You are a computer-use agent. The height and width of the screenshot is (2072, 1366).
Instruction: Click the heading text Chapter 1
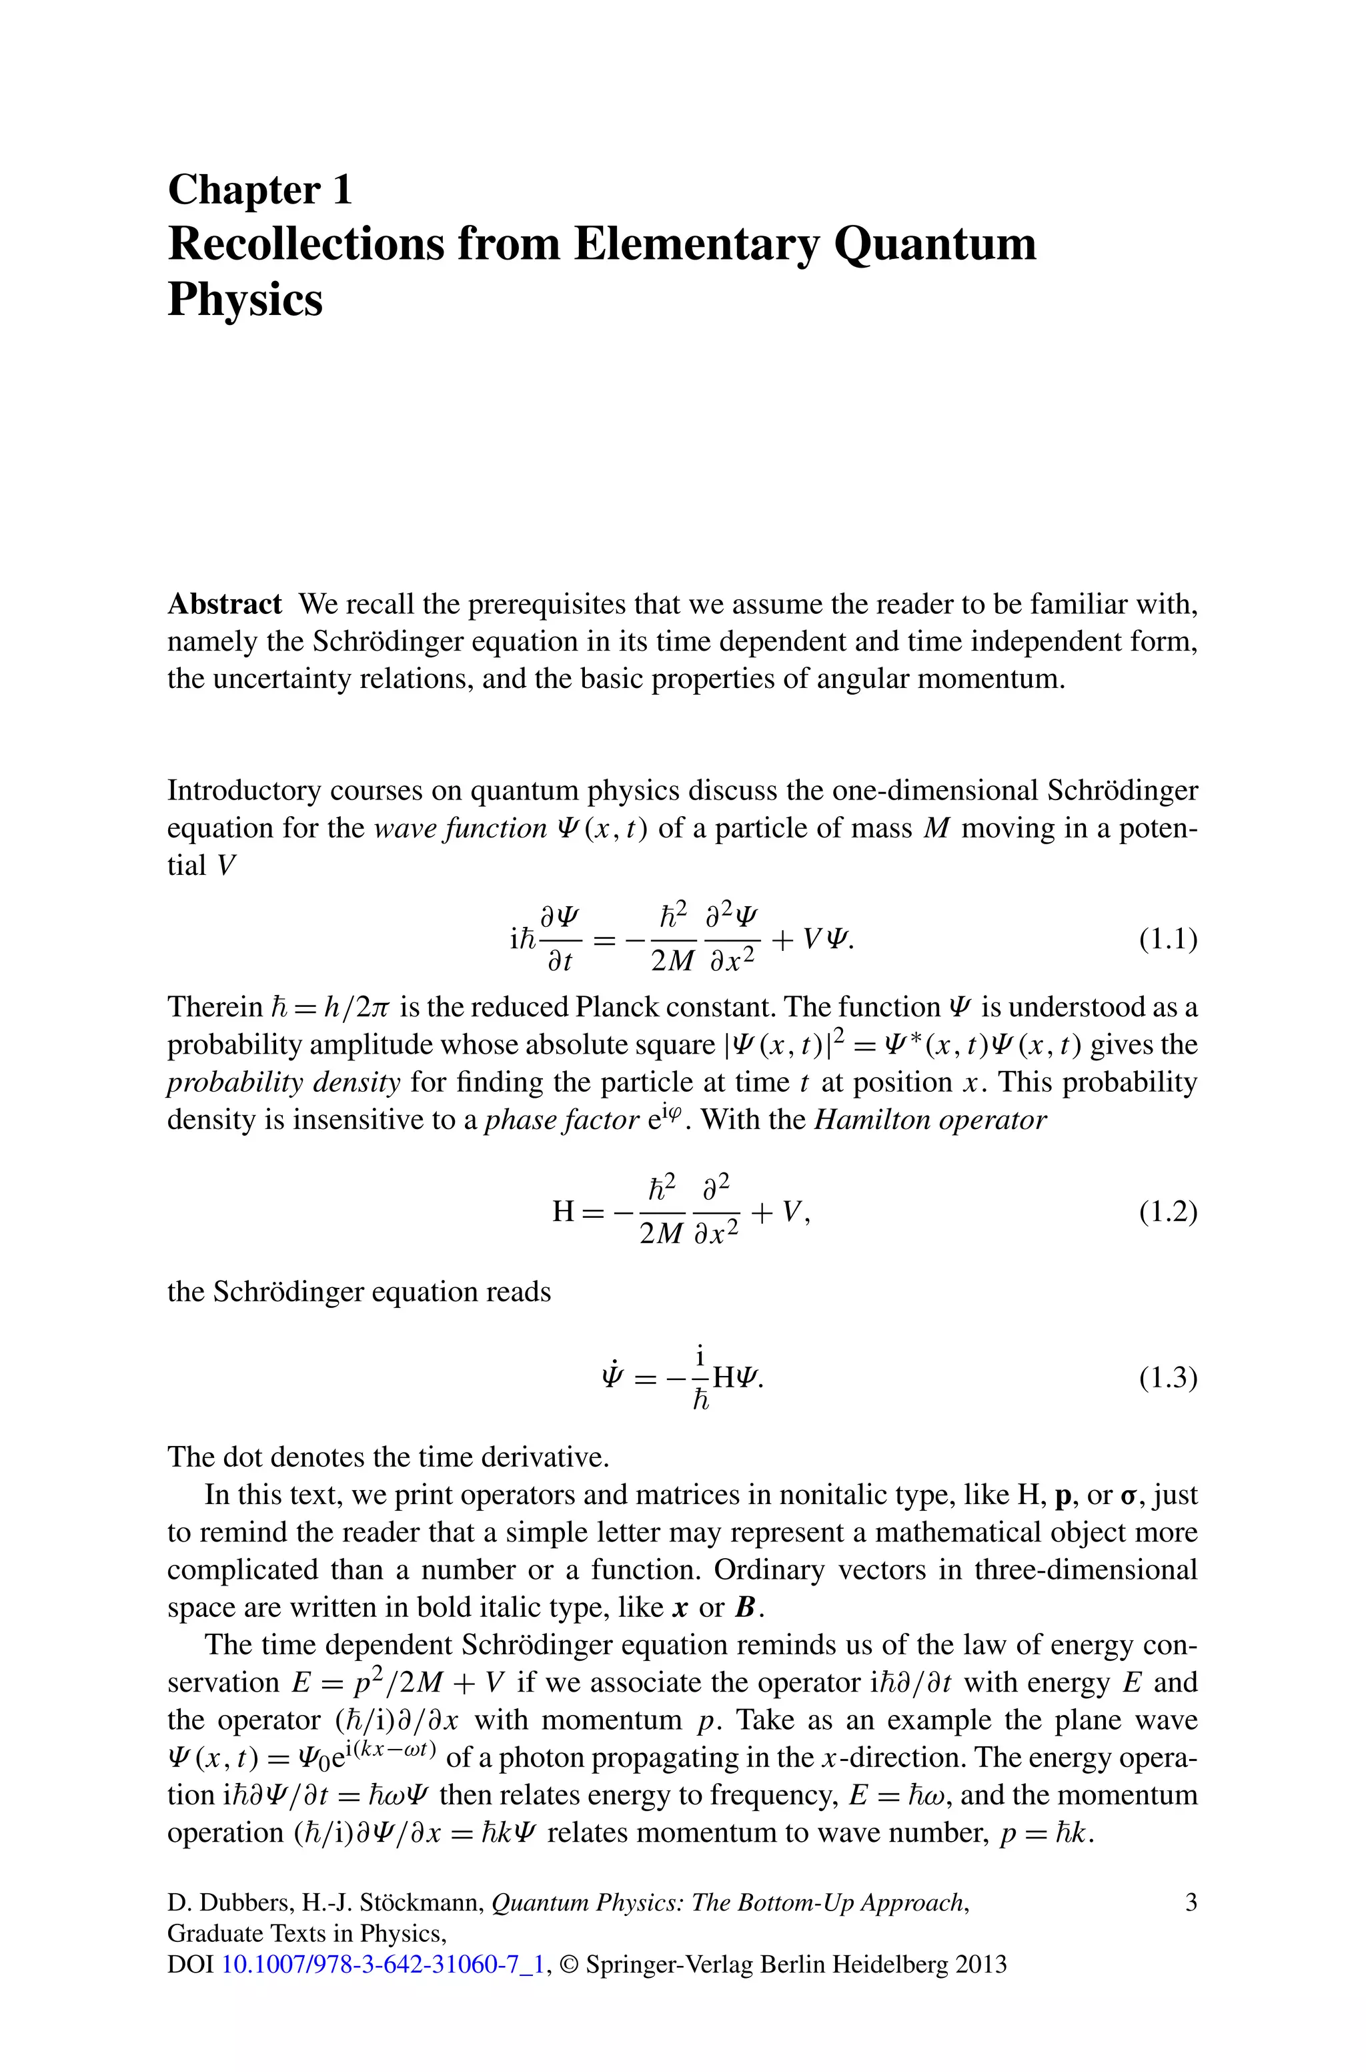[x=259, y=190]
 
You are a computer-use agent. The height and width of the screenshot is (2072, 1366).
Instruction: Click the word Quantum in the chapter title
[x=934, y=244]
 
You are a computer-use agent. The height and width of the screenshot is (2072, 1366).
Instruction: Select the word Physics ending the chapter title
[x=245, y=300]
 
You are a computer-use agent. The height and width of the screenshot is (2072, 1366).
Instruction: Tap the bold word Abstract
[x=225, y=604]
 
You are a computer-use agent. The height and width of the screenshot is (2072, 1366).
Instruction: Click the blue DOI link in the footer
[x=384, y=1965]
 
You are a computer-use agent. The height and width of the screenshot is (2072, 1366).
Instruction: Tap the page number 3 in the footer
[x=1191, y=1902]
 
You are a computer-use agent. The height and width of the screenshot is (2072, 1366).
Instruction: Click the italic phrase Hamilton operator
[x=930, y=1120]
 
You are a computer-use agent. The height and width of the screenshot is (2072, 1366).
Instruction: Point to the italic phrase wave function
[x=459, y=827]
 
